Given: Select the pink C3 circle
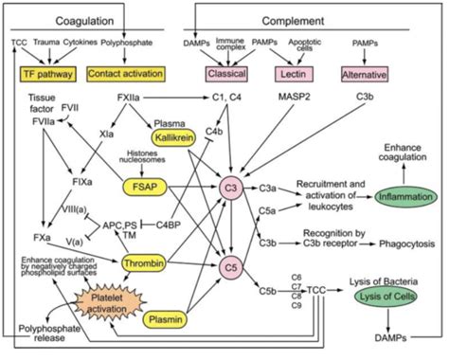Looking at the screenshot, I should (x=230, y=187).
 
